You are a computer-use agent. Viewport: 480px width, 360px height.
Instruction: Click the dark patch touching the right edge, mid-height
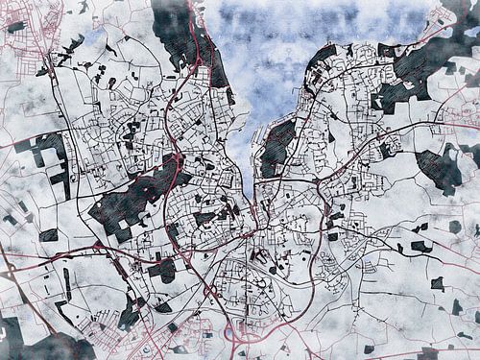click(442, 168)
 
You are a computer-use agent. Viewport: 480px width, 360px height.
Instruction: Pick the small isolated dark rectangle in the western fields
click(48, 233)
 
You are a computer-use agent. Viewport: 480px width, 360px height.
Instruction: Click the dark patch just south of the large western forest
click(161, 270)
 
